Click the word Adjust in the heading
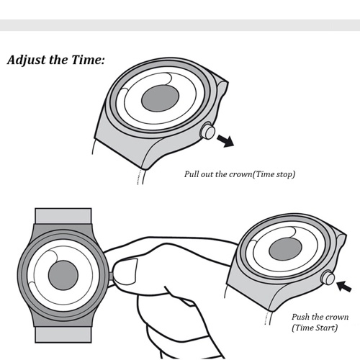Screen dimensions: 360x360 pyautogui.click(x=27, y=60)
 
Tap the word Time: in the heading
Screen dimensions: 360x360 pyautogui.click(x=88, y=60)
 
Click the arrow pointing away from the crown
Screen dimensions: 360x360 pyautogui.click(x=225, y=141)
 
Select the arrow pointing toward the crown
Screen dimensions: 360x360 pyautogui.click(x=344, y=286)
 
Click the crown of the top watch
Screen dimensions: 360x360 pyautogui.click(x=207, y=130)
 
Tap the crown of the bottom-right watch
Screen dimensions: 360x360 pyautogui.click(x=328, y=277)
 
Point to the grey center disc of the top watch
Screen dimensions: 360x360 pyautogui.click(x=160, y=99)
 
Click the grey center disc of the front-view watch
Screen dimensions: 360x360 pyautogui.click(x=63, y=275)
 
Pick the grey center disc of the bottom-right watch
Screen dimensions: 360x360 pyautogui.click(x=285, y=249)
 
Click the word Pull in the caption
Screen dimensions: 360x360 pyautogui.click(x=192, y=174)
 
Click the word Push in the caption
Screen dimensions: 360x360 pyautogui.click(x=301, y=317)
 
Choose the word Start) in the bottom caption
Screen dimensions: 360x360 pyautogui.click(x=327, y=328)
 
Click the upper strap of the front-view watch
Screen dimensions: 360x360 pyautogui.click(x=63, y=216)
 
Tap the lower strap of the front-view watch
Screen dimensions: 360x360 pyautogui.click(x=63, y=335)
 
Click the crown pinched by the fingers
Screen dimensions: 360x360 pyautogui.click(x=111, y=276)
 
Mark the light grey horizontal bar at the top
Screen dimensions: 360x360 pyautogui.click(x=180, y=25)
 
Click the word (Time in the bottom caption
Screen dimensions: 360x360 pyautogui.click(x=302, y=328)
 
